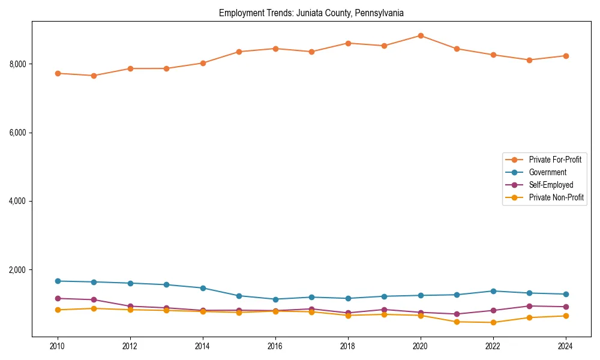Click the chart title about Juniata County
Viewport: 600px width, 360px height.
pos(311,13)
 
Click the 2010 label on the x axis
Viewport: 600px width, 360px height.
pos(58,346)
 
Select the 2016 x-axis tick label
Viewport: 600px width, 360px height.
pos(275,346)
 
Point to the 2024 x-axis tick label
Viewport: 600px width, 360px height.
pos(565,346)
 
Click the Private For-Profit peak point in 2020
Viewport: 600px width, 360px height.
pos(420,35)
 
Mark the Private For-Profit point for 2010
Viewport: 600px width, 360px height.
pos(58,73)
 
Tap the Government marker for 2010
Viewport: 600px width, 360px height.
pos(58,281)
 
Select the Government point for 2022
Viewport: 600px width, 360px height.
pos(493,291)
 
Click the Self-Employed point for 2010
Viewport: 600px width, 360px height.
pos(58,298)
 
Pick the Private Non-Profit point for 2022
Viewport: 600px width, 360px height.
pos(493,322)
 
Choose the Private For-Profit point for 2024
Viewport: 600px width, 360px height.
pos(565,56)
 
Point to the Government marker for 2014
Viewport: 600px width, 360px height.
pos(203,288)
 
